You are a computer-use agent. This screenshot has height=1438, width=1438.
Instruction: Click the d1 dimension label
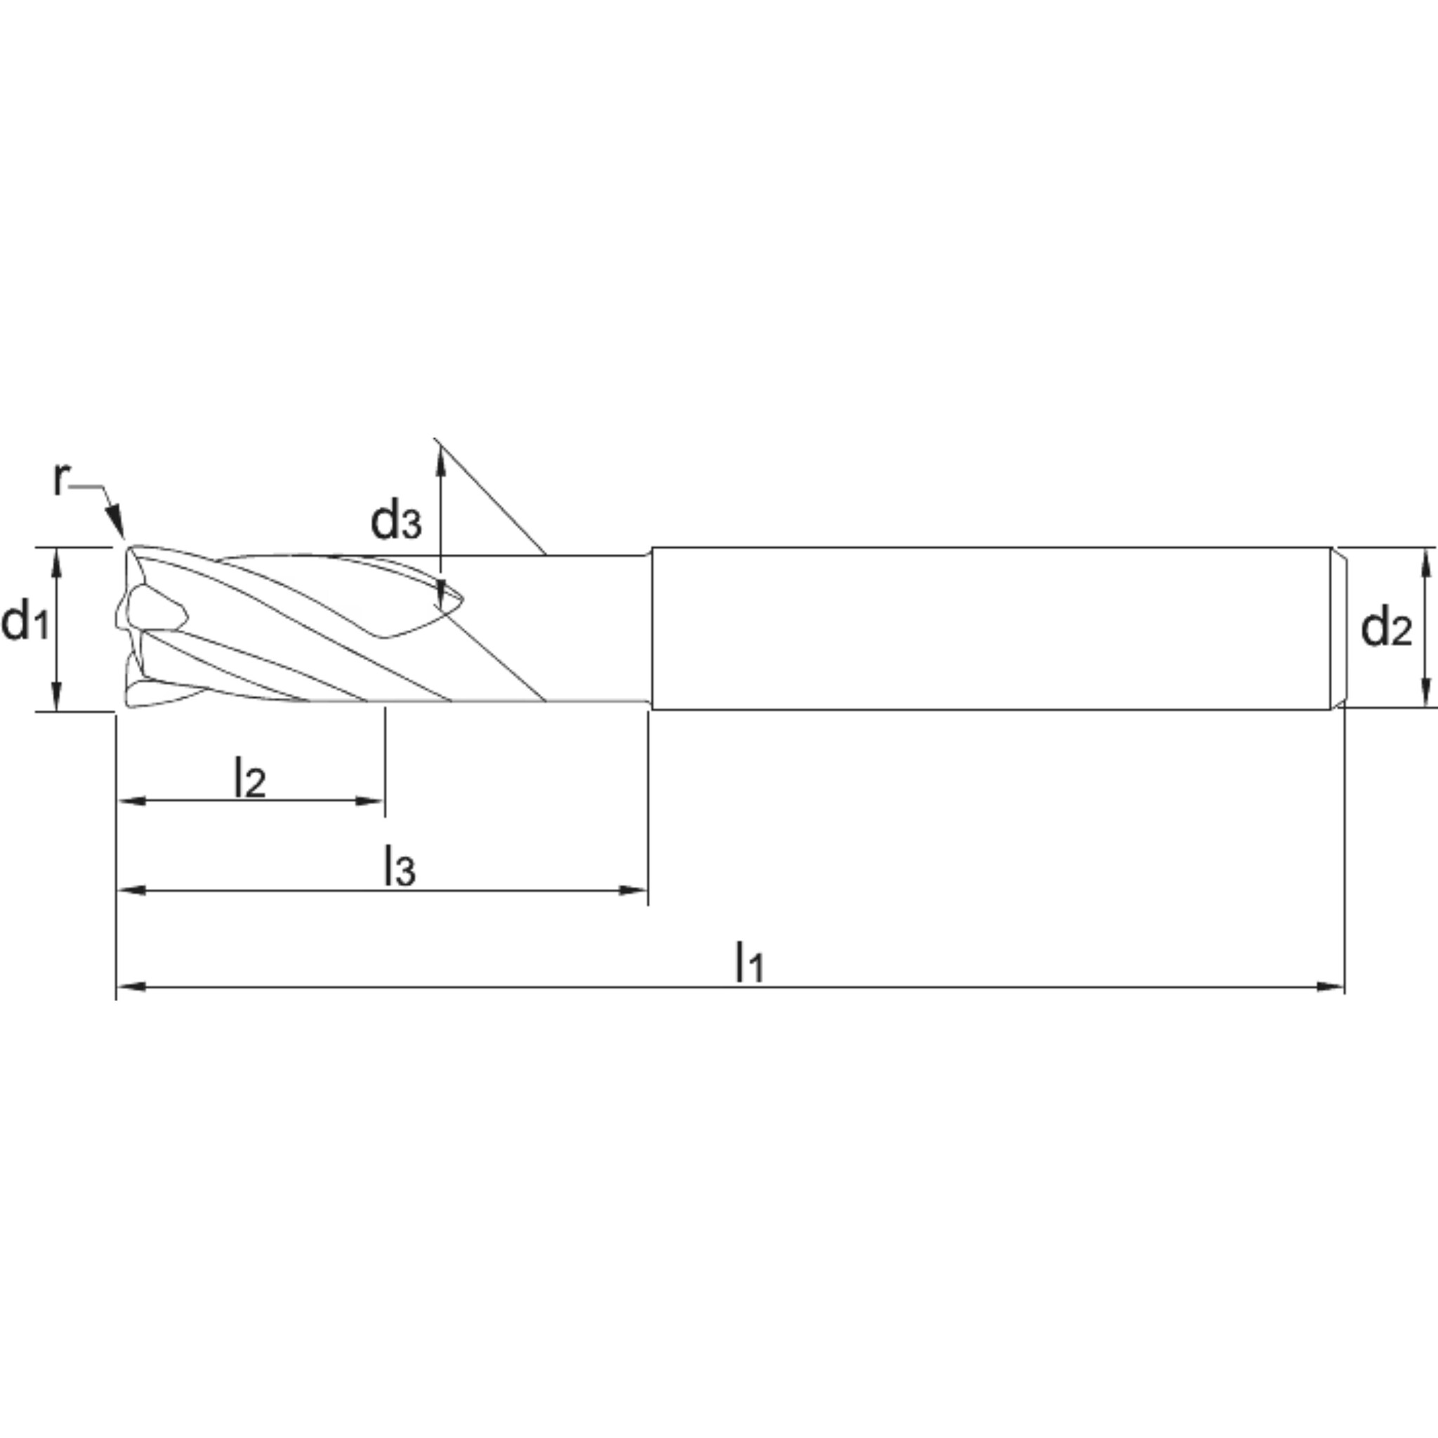tap(25, 624)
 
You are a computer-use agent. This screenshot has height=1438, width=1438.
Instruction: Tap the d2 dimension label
tap(1385, 627)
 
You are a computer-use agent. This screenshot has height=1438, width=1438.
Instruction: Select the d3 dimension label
tap(396, 521)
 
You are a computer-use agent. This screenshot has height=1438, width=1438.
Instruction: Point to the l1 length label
tap(748, 962)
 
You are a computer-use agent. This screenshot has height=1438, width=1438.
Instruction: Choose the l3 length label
tap(399, 867)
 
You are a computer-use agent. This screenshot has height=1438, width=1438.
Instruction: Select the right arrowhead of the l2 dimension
tap(370, 801)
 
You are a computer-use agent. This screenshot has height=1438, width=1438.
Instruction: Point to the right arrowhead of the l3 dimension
tap(633, 890)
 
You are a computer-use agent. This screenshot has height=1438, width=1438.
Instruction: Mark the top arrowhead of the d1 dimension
tap(55, 561)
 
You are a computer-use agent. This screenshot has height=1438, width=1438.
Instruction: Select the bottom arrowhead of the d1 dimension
tap(55, 697)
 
